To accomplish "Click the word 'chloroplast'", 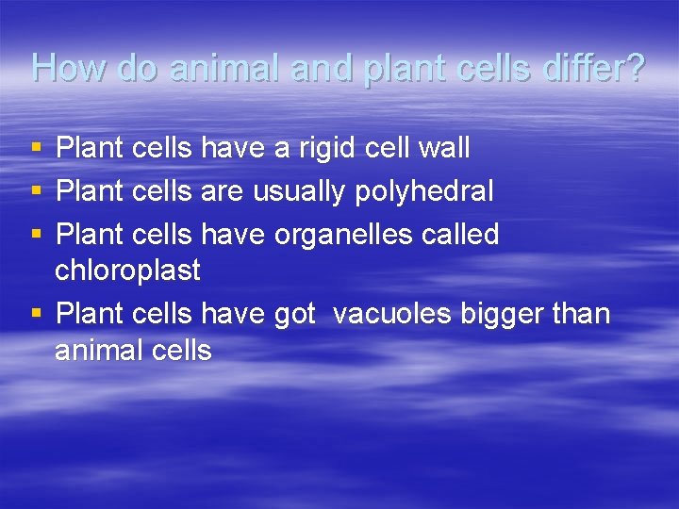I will click(127, 271).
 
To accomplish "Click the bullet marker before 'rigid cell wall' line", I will click(36, 149).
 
